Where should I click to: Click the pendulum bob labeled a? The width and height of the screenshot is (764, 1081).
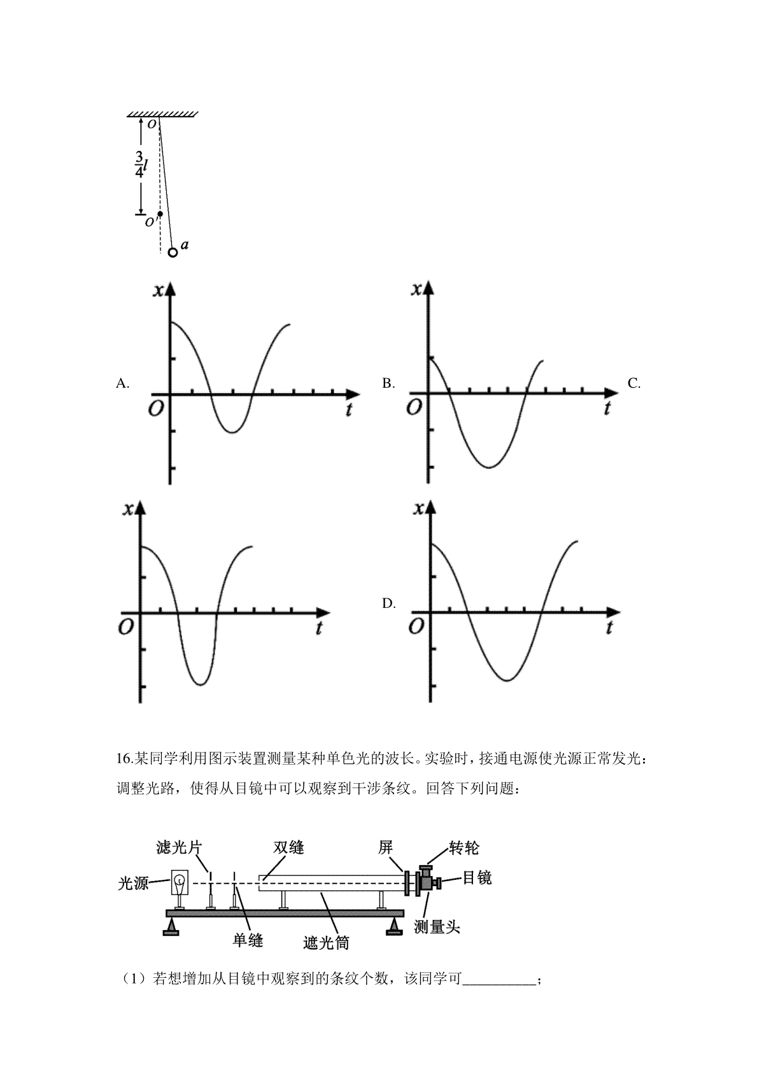[x=173, y=252]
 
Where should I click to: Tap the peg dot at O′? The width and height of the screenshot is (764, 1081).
[x=160, y=213]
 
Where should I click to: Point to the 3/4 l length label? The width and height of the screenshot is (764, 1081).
[x=141, y=165]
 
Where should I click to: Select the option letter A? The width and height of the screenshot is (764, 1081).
[x=122, y=383]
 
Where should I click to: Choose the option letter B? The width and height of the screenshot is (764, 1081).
[x=388, y=383]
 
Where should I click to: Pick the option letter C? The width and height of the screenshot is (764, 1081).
[x=633, y=383]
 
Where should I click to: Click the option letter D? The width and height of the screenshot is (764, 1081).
[x=388, y=604]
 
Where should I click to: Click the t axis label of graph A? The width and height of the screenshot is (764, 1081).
[x=348, y=409]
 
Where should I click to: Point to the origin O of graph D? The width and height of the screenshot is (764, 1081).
[x=416, y=626]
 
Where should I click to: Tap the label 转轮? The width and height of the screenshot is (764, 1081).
[x=463, y=848]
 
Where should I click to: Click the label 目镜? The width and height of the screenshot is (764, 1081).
[x=477, y=877]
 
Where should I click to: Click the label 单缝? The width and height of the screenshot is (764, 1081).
[x=248, y=940]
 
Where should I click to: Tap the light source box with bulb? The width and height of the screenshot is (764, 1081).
[x=179, y=882]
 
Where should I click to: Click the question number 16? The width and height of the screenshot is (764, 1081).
[x=124, y=759]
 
